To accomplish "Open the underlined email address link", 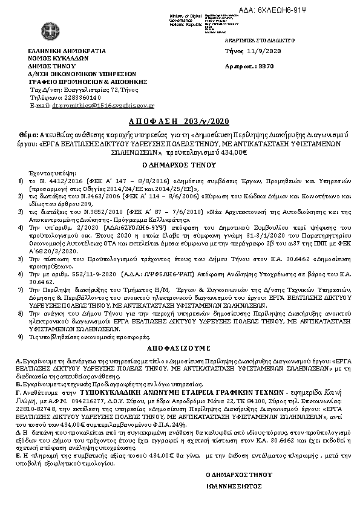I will pos(103,105).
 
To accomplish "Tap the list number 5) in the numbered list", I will pos(21,257).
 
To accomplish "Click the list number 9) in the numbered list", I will pos(21,336).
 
